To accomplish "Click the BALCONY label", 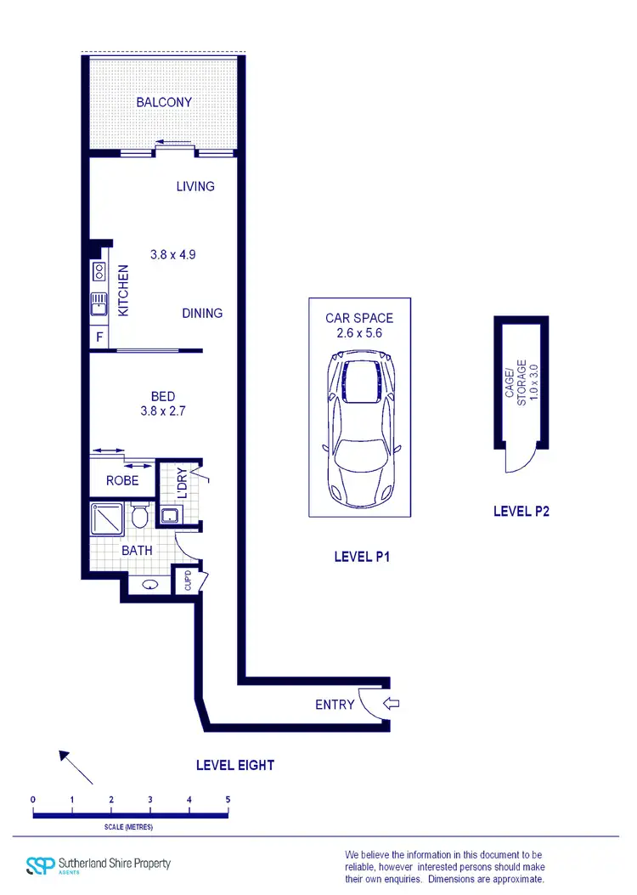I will [164, 102].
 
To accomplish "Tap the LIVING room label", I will [195, 186].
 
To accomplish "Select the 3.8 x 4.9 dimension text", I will [173, 254].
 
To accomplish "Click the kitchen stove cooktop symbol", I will [99, 272].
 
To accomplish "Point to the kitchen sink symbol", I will [99, 303].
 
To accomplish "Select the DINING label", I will [202, 313].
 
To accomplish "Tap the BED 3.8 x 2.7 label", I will [163, 404].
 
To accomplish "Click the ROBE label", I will [122, 480].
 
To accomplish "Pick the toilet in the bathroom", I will [140, 515].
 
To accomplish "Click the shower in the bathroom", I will [109, 518].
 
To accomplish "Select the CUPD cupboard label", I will [187, 581].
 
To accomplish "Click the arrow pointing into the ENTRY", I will [392, 704].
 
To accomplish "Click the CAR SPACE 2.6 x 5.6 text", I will [359, 326].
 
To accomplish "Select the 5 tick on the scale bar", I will [228, 800].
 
